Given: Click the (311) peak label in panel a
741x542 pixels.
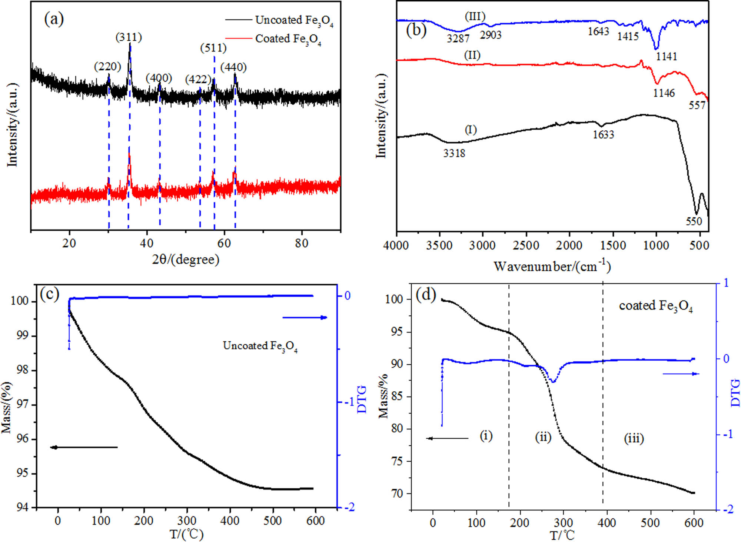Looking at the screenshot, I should click(129, 37).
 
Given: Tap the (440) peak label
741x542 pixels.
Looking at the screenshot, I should click(233, 67).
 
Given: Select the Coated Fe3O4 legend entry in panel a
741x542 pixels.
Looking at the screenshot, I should click(288, 39).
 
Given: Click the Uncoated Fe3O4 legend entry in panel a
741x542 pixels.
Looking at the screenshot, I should click(294, 20).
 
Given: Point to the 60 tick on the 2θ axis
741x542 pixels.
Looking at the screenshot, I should click(224, 243).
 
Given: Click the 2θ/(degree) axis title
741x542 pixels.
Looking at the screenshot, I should click(186, 260).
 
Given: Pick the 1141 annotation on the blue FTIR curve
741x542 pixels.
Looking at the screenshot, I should click(666, 57).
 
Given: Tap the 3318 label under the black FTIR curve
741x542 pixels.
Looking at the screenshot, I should click(454, 153).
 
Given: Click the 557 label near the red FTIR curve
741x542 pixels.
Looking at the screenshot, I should click(697, 106).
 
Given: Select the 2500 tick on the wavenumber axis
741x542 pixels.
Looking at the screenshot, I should click(526, 245).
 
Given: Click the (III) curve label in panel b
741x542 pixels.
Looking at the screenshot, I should click(475, 17).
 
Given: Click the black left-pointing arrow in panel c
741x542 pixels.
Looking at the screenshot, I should click(84, 447).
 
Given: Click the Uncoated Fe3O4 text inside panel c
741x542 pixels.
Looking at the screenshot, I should click(260, 346).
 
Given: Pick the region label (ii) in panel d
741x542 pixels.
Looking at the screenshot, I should click(543, 437).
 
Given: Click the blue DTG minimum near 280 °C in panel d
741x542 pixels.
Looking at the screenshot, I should click(553, 381).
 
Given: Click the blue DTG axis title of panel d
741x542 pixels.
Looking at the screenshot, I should click(735, 392).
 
